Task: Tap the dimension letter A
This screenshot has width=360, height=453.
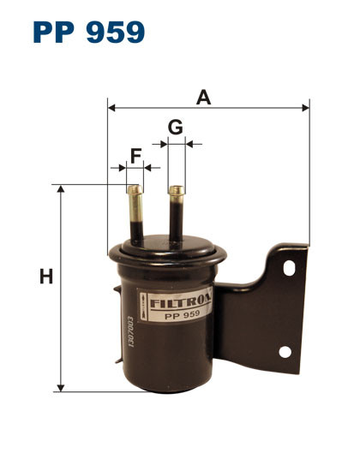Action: click(x=204, y=97)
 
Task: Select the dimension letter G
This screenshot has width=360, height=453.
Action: click(x=176, y=128)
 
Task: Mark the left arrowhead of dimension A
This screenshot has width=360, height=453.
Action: click(x=112, y=109)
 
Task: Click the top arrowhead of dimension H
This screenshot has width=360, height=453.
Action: click(x=60, y=188)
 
